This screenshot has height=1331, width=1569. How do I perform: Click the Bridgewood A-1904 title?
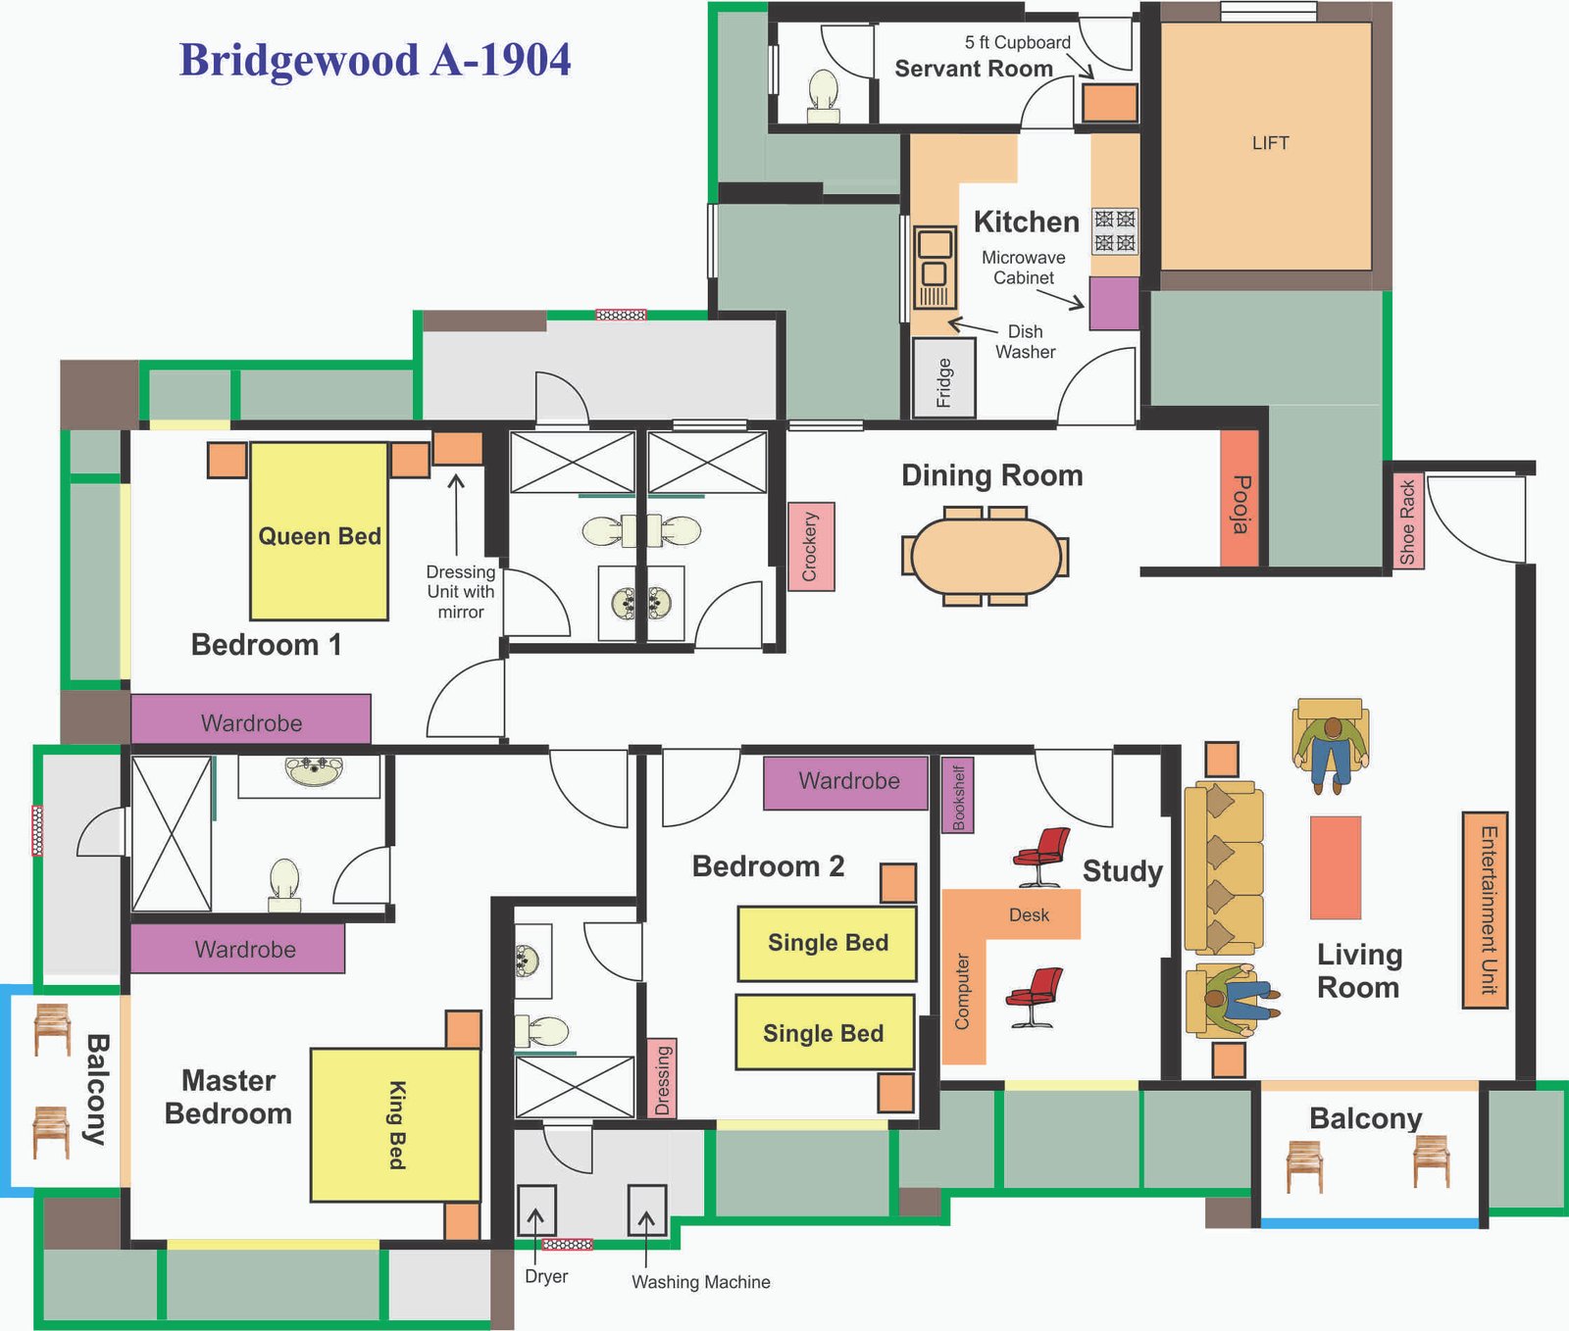(x=375, y=60)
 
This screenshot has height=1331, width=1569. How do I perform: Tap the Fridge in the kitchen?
(x=944, y=378)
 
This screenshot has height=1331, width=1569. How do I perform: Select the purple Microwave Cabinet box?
(x=1114, y=303)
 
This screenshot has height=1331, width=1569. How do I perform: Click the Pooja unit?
(x=1240, y=499)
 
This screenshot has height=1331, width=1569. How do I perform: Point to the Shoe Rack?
(x=1408, y=520)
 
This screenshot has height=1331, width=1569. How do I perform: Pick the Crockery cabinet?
(x=811, y=547)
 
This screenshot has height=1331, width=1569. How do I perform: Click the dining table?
(x=986, y=556)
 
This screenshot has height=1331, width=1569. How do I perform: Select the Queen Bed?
(x=320, y=531)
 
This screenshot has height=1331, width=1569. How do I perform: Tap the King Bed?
(x=396, y=1125)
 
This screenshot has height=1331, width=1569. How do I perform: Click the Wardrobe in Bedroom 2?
(x=845, y=782)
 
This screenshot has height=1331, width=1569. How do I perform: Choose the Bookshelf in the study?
(x=957, y=796)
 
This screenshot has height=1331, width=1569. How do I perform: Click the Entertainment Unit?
(x=1485, y=910)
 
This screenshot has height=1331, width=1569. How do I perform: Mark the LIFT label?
(x=1270, y=143)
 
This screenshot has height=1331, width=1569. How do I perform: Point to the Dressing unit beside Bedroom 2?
(x=662, y=1078)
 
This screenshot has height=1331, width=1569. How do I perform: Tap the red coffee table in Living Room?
(x=1336, y=867)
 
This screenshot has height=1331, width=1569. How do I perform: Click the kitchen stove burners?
(x=1115, y=230)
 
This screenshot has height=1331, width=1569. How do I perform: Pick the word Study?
(x=1123, y=870)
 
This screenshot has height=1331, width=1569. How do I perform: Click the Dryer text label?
(x=546, y=1276)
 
